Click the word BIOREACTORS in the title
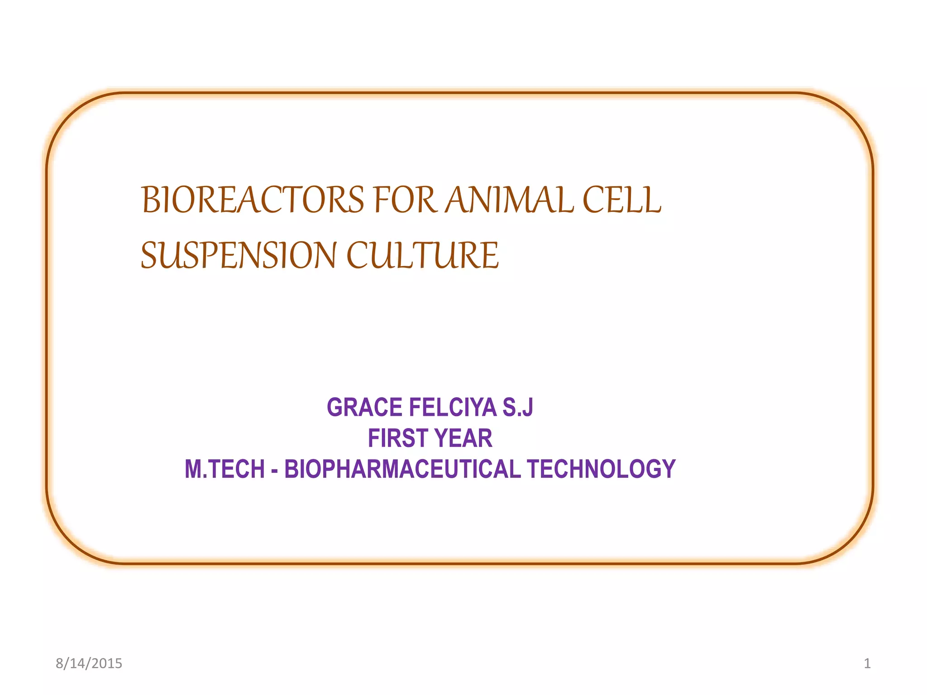click(x=253, y=200)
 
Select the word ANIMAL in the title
click(x=510, y=200)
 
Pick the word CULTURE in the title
click(x=422, y=256)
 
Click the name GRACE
click(x=365, y=407)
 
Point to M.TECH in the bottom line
click(x=225, y=469)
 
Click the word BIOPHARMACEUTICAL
click(x=402, y=469)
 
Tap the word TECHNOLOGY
click(x=601, y=469)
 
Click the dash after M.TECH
click(x=274, y=470)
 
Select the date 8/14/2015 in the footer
click(x=89, y=663)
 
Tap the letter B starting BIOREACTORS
click(x=150, y=200)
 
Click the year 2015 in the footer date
click(x=107, y=663)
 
